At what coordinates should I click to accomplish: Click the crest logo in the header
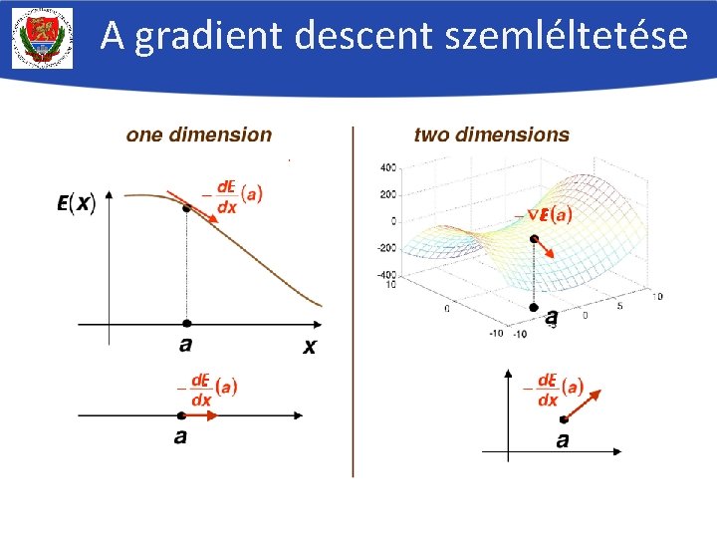tap(42, 38)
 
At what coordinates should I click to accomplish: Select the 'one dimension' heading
tap(198, 134)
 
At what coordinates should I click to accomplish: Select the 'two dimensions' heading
tap(491, 134)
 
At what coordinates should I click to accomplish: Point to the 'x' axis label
tap(310, 347)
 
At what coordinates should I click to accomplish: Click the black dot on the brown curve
tap(186, 208)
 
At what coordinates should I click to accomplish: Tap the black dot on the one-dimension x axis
tap(186, 324)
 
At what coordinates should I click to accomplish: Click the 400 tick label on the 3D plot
tap(387, 166)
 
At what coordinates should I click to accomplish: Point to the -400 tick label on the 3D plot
tap(385, 274)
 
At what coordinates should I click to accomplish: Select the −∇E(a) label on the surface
tap(544, 213)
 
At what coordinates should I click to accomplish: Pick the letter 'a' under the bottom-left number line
tap(180, 436)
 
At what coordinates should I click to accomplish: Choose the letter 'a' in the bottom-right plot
tap(563, 439)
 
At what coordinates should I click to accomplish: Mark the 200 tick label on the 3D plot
tap(387, 193)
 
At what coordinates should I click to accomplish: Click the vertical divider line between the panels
tap(353, 299)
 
